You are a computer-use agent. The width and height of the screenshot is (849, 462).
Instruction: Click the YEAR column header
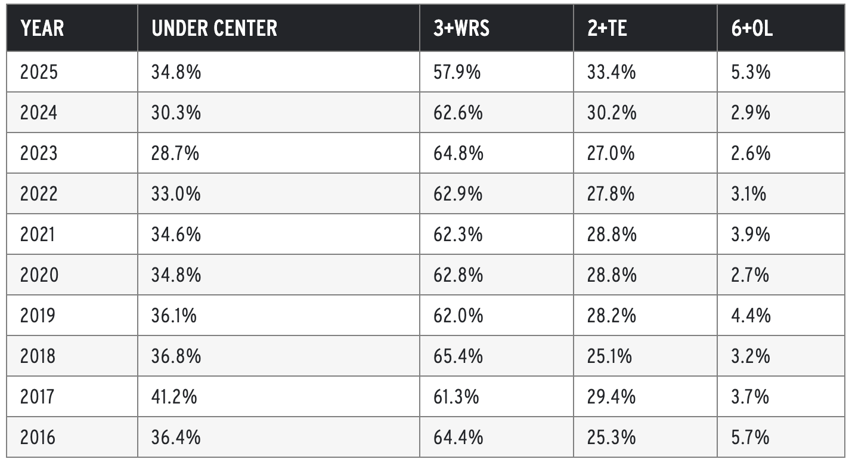42,28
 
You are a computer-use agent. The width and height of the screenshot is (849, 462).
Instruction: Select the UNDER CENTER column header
214,28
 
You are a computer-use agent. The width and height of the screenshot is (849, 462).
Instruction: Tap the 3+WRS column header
461,28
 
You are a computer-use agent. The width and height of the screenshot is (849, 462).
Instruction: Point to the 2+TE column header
607,28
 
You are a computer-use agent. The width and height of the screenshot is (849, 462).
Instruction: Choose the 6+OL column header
752,28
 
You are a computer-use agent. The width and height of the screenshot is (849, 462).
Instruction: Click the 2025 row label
39,72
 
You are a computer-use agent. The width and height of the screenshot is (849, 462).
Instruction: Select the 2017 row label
37,397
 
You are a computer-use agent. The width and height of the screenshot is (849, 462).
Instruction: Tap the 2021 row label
37,235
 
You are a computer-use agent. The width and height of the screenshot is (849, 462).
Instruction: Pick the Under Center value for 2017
174,397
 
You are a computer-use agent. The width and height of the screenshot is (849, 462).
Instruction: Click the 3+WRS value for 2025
457,72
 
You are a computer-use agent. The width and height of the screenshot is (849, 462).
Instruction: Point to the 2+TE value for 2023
611,153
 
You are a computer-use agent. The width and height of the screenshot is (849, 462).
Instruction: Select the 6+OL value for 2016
750,438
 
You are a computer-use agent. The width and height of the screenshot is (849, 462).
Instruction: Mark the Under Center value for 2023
175,153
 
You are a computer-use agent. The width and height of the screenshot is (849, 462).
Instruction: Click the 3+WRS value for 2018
458,356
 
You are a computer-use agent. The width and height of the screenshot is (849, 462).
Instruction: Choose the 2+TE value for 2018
609,356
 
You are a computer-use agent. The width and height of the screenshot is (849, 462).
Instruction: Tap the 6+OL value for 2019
751,316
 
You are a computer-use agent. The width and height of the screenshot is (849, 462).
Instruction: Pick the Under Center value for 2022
176,194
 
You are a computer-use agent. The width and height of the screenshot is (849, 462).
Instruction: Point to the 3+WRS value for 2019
458,316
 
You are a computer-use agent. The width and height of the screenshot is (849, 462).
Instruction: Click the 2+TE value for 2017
611,397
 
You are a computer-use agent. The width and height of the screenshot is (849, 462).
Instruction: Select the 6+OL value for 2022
749,194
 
